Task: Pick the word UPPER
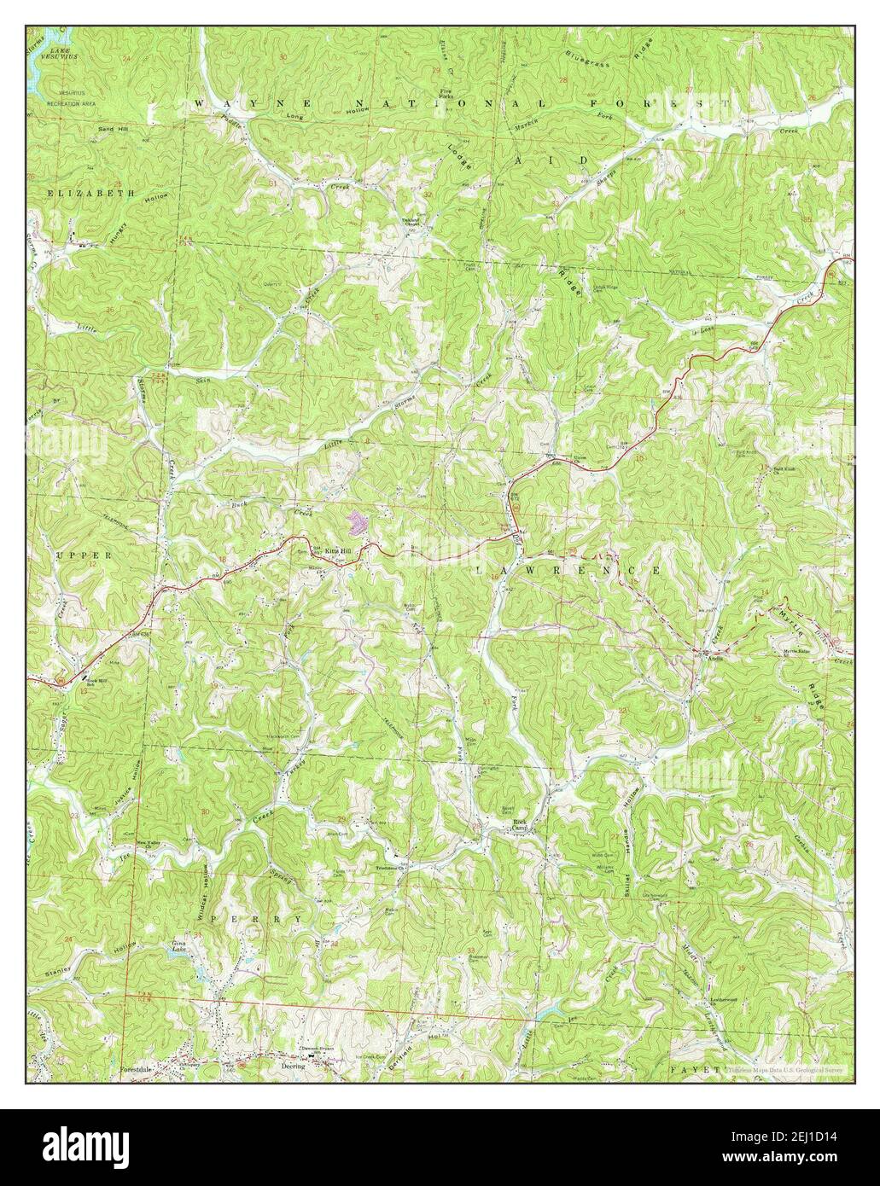[x=73, y=554]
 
